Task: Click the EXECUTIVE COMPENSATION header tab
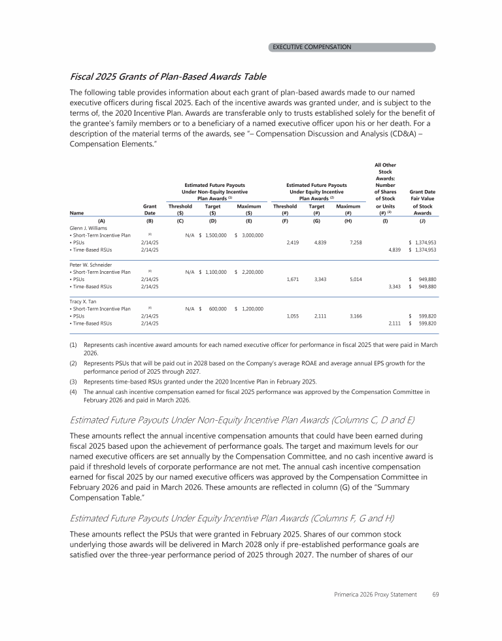coord(312,47)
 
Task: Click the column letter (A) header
coord(101,220)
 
